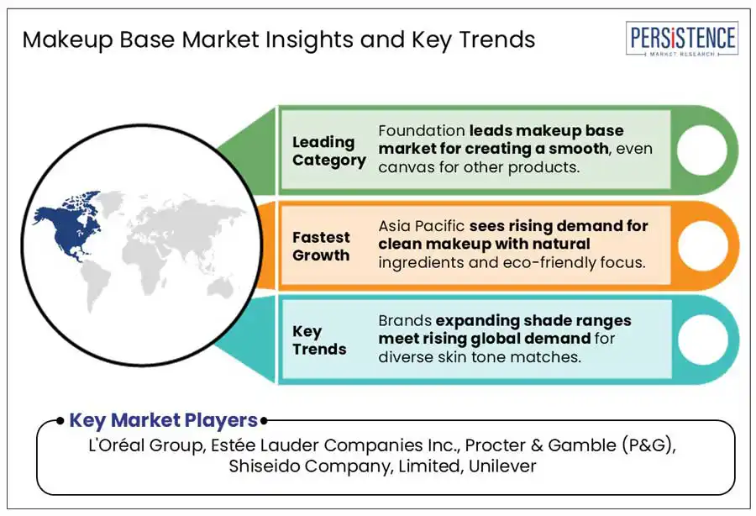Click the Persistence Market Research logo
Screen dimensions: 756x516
coord(682,39)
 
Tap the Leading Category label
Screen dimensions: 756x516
coord(328,151)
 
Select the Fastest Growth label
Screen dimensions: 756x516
coord(321,246)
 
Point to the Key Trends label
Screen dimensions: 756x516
coord(319,340)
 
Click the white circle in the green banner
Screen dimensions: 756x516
coord(701,150)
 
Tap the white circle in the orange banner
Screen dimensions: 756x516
coord(702,245)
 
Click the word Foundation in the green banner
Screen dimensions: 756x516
coord(422,131)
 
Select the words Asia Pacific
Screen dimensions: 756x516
coord(422,226)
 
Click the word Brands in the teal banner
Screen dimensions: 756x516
coord(405,321)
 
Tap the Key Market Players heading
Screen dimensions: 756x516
coord(164,420)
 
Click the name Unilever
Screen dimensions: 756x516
coord(502,466)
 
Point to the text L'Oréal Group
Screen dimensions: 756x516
coord(145,445)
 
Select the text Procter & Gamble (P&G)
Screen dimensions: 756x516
coord(569,445)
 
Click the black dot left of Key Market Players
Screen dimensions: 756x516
coord(60,421)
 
